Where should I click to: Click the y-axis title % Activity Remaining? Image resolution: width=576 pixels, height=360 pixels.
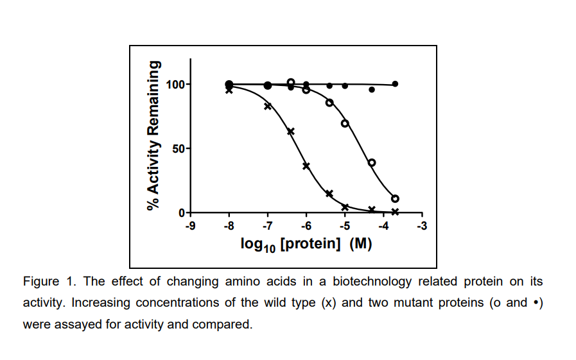[153, 135]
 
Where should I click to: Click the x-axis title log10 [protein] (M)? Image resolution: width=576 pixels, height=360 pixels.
[306, 244]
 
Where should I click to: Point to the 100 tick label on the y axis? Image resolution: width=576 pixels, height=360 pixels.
[175, 84]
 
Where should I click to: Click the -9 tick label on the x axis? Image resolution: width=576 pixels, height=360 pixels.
[190, 226]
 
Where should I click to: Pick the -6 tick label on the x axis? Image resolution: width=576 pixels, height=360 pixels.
[306, 226]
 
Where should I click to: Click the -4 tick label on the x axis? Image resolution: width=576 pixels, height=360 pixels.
[383, 226]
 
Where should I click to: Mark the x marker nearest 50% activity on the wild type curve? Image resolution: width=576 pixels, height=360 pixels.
[290, 132]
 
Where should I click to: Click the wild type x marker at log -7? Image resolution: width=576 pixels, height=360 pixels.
[268, 106]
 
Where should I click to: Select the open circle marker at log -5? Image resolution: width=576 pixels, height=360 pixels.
[345, 123]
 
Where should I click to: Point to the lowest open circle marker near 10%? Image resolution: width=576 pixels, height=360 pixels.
[395, 198]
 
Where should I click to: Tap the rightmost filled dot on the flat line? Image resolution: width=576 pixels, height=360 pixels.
[395, 84]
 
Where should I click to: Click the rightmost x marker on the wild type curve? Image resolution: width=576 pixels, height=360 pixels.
[395, 212]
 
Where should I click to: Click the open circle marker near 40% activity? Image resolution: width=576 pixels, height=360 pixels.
[372, 162]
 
